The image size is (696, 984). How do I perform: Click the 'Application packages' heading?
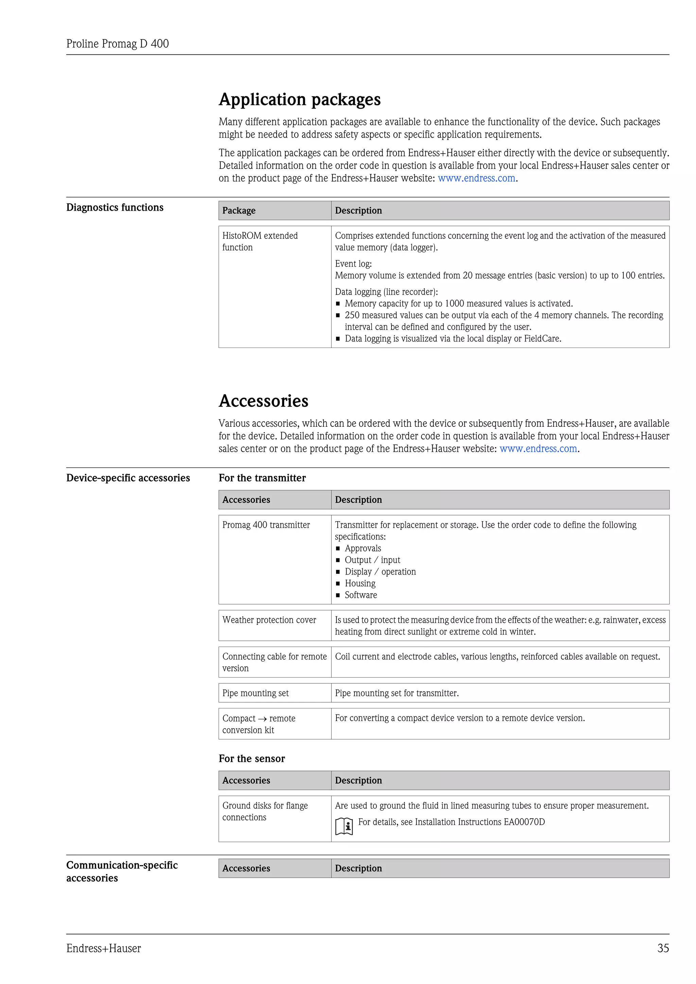click(299, 100)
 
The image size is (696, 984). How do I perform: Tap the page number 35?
click(663, 948)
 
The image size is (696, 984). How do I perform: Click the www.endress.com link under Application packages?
click(476, 178)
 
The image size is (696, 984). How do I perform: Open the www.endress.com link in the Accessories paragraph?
click(538, 449)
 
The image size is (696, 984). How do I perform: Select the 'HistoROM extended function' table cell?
click(260, 241)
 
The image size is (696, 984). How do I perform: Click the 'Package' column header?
click(239, 210)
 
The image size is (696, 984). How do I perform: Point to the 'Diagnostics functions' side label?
click(115, 207)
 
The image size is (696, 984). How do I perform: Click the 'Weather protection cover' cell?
click(269, 620)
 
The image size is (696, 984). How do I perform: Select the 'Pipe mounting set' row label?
click(256, 693)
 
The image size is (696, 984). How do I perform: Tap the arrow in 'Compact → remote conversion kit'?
click(262, 719)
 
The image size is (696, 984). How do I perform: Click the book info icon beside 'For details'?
click(344, 826)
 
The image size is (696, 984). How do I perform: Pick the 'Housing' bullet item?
click(360, 583)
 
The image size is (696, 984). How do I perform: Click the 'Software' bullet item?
click(361, 595)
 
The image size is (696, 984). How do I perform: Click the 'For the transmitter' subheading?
click(262, 478)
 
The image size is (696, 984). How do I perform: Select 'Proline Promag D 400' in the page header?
click(118, 44)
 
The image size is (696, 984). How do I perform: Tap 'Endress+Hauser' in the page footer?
click(104, 948)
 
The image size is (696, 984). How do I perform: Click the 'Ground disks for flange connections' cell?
click(265, 811)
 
